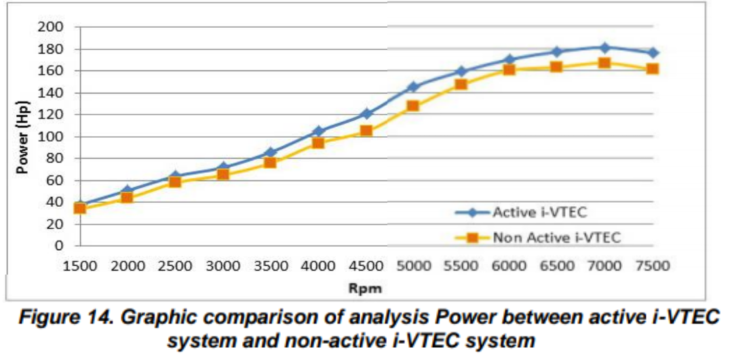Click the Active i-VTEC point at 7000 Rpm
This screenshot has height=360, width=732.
tap(604, 47)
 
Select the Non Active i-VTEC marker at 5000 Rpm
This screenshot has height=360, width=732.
tap(413, 106)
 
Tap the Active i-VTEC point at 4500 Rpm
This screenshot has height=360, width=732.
tap(366, 114)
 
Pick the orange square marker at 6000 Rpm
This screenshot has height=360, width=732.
tap(509, 69)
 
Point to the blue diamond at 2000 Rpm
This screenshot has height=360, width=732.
tap(127, 191)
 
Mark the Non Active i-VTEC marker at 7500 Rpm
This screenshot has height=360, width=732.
tap(653, 68)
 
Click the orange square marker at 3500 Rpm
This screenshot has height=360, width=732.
tap(270, 162)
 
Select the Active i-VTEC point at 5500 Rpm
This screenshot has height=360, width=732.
tap(461, 71)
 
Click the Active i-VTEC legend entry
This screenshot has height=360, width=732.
tap(536, 212)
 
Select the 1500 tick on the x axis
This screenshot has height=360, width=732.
tap(79, 266)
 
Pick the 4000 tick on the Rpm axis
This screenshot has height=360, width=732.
tap(317, 266)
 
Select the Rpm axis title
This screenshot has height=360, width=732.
tap(365, 288)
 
